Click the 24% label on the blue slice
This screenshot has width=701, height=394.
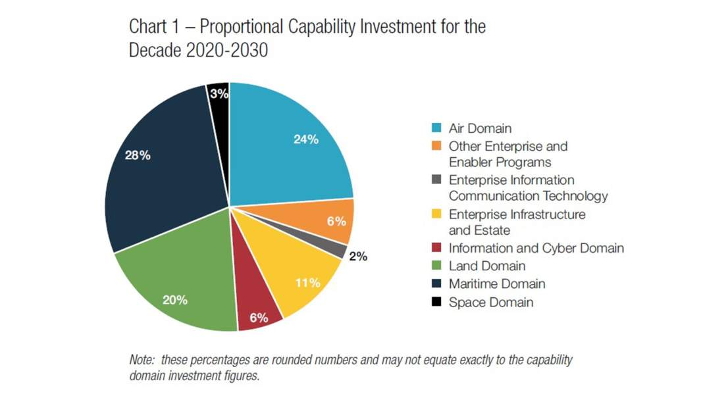click(x=305, y=139)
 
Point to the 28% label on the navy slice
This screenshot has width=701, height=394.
click(x=138, y=156)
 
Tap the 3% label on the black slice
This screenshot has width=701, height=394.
click(x=219, y=93)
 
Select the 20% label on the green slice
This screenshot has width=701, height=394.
click(x=174, y=300)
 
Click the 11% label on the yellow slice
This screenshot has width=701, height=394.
click(x=307, y=283)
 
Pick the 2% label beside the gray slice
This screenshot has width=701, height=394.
click(x=358, y=257)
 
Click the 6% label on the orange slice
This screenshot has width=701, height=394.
click(x=336, y=222)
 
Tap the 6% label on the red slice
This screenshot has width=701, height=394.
click(x=258, y=318)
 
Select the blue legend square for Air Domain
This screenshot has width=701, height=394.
click(x=436, y=128)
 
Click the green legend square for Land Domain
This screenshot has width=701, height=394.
click(x=436, y=266)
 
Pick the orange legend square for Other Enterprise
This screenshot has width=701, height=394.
click(x=436, y=146)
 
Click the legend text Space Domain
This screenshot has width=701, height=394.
click(x=490, y=303)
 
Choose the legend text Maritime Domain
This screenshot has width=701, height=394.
click(x=497, y=284)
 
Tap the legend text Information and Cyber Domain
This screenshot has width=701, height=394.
click(x=536, y=248)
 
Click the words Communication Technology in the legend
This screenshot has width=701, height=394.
click(x=528, y=196)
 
